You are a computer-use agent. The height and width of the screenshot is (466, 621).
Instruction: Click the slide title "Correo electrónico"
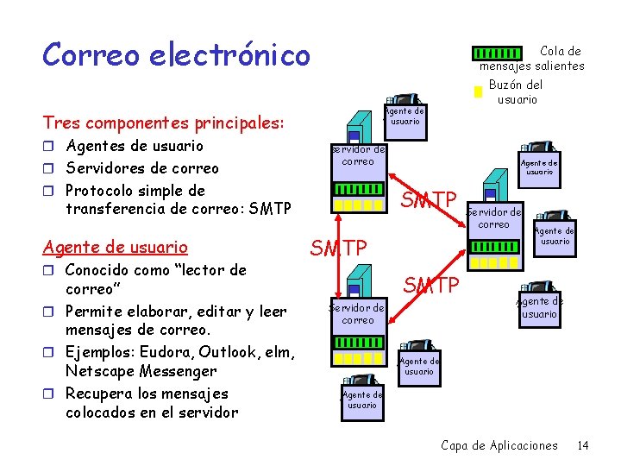pos(176,54)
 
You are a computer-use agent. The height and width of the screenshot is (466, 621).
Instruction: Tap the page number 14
pos(583,445)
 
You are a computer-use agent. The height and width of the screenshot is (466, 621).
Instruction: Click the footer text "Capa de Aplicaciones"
pos(499,445)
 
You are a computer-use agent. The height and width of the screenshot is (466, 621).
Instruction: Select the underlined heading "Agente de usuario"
pos(116,248)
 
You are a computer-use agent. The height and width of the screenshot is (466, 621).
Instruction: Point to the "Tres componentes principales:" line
pos(163,123)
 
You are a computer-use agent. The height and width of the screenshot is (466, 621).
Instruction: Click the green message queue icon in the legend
pos(499,54)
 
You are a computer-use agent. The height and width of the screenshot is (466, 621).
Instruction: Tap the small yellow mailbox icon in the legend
pos(476,91)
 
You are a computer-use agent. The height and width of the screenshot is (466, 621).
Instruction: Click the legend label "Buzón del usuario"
pos(516,91)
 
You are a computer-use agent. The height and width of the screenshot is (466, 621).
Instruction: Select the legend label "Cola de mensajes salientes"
pos(532,59)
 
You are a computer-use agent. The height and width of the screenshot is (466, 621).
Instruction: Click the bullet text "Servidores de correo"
pos(142,168)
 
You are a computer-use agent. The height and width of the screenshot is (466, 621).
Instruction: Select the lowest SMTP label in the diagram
pos(433,284)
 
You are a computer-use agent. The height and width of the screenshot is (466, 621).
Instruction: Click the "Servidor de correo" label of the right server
pos(494,217)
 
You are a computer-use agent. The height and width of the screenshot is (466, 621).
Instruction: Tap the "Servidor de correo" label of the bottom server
pos(358,313)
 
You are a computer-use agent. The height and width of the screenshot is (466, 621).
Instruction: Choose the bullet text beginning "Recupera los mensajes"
pos(147,402)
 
